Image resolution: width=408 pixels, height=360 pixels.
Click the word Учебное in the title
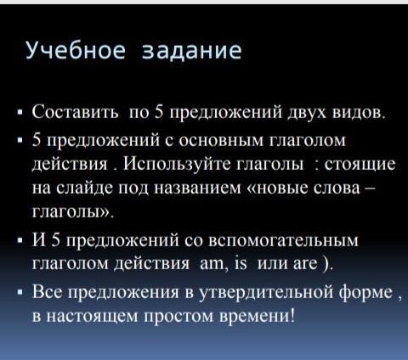[76, 50]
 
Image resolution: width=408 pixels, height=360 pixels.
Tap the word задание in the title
[192, 51]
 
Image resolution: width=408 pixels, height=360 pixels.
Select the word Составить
[76, 111]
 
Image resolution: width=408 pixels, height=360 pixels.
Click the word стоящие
[360, 165]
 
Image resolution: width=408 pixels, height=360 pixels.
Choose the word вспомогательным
[283, 241]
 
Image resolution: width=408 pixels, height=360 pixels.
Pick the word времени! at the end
[258, 316]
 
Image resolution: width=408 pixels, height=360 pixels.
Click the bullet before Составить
[20, 112]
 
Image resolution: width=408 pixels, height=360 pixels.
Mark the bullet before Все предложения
[20, 292]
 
